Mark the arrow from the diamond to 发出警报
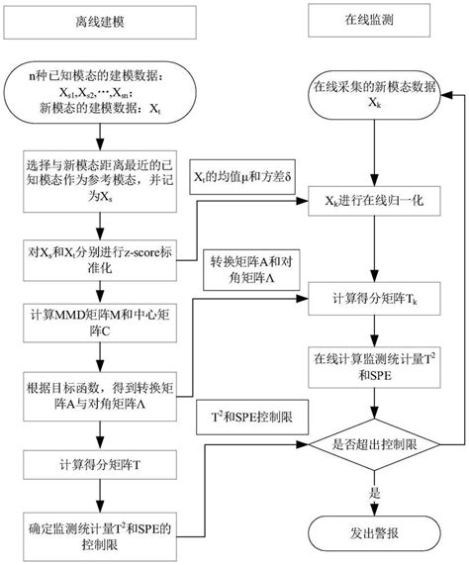[372, 495]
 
